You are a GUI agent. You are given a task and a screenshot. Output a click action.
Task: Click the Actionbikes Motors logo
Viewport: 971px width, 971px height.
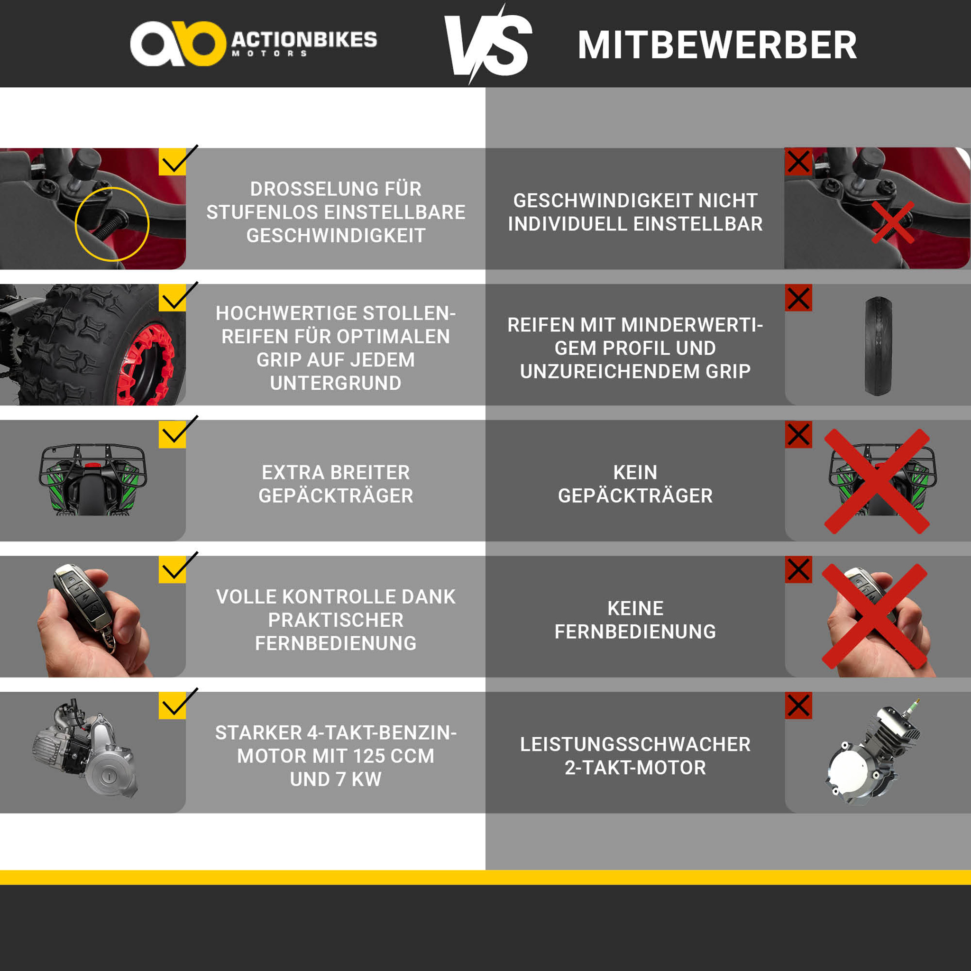coord(254,44)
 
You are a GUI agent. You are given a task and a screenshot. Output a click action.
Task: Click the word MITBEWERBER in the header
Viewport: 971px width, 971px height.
coord(717,45)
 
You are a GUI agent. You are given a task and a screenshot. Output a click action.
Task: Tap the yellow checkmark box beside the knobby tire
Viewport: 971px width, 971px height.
coord(172,298)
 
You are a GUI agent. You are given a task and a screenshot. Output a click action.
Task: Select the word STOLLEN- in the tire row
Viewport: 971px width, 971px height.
coord(409,313)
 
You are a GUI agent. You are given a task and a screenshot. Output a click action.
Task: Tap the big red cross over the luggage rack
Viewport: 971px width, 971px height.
coord(877,481)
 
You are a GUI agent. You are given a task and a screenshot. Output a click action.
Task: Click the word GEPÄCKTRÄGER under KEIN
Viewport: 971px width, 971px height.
coord(635,496)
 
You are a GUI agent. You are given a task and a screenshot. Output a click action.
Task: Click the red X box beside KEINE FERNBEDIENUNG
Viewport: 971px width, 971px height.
coord(798,569)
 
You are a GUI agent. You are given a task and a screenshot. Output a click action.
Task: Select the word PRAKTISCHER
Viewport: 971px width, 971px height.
coord(336,620)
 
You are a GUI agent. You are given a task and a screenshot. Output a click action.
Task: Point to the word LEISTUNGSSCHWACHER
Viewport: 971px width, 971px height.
coord(635,745)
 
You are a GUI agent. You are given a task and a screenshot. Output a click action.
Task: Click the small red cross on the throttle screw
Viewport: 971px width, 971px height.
coord(893,223)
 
